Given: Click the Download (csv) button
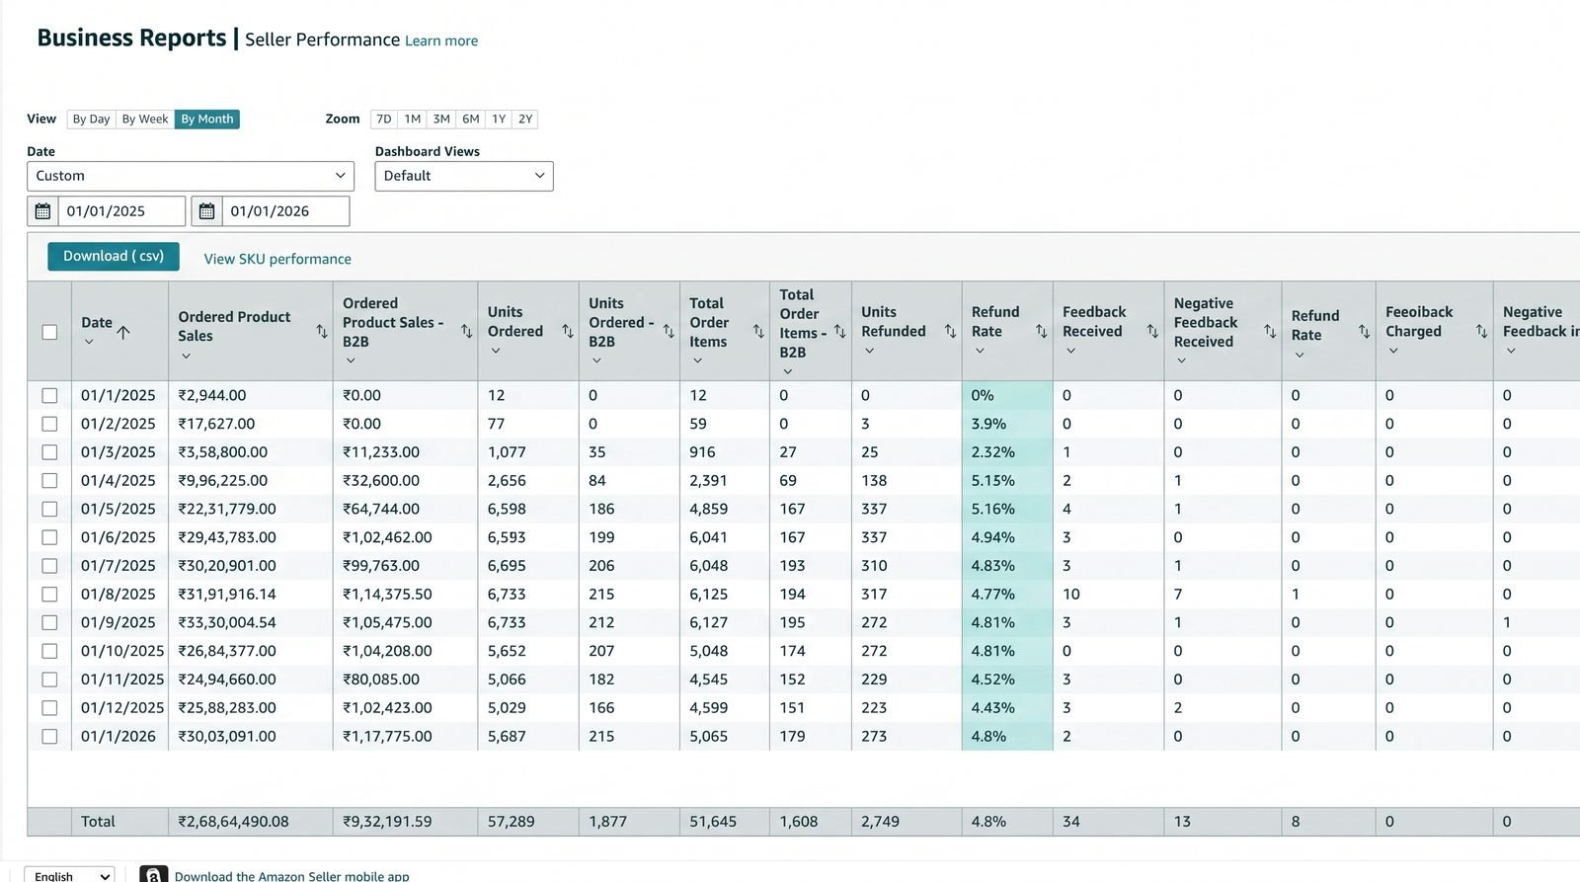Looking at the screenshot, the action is pos(114,256).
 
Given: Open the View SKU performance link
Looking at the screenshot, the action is pos(277,259).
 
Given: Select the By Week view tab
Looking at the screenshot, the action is pos(144,120).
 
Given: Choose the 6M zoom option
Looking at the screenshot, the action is pos(470,120).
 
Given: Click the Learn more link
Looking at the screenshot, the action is pos(440,40).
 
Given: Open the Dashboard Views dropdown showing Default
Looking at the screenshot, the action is pos(464,176).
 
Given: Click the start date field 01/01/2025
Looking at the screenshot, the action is pos(121,211).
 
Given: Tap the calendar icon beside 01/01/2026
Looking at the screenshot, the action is pos(206,211).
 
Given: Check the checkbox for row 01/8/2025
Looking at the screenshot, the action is pos(49,595).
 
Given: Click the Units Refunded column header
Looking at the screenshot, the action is pos(893,322).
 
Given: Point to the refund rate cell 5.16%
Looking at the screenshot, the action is pos(992,509).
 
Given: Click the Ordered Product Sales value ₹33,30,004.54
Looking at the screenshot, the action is pos(226,622).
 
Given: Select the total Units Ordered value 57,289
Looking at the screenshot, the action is pos(511,822).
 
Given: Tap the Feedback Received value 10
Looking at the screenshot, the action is pos(1070,595).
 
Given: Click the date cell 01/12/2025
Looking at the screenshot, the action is pos(122,708).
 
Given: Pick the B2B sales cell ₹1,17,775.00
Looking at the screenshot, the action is pos(387,736).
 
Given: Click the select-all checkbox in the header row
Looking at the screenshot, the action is pos(49,332).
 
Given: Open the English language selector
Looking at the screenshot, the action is pos(69,875).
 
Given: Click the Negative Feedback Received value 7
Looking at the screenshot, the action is pos(1178,595).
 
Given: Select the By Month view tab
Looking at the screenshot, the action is pos(207,120).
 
